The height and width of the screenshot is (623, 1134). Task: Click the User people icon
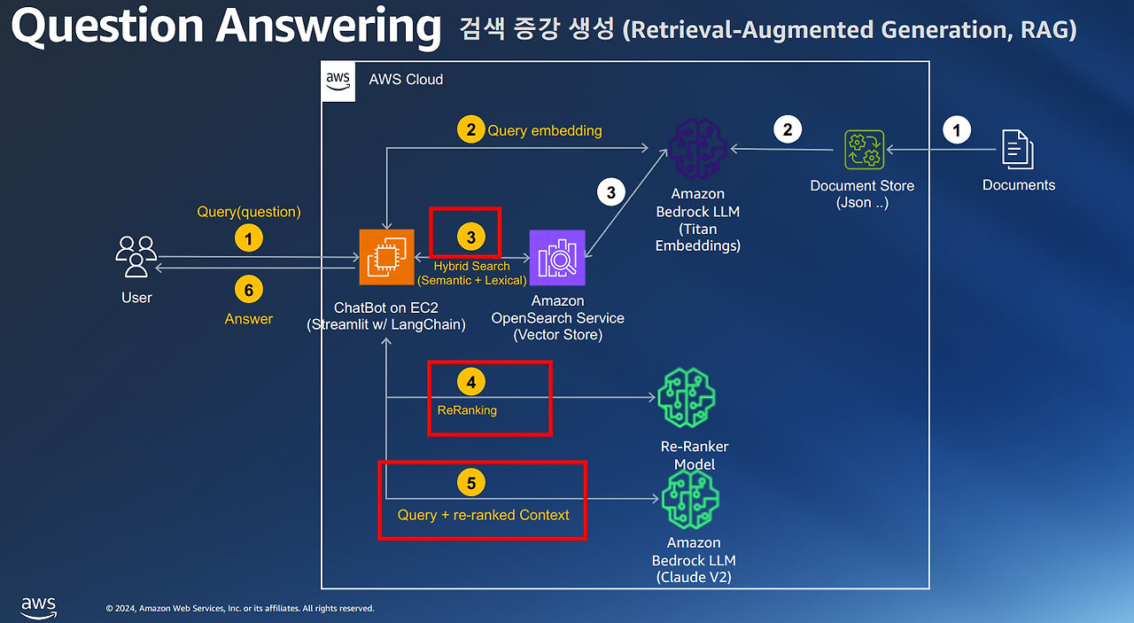(136, 257)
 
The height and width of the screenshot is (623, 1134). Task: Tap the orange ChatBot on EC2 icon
(386, 258)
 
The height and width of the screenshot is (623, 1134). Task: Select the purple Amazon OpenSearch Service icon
(557, 258)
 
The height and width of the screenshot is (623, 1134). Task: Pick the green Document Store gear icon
(862, 150)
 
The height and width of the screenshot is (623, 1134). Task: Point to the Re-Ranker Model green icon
(686, 399)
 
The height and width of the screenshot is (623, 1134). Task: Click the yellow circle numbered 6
(249, 290)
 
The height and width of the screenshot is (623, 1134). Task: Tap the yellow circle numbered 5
(471, 482)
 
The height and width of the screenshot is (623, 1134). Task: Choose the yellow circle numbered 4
(471, 382)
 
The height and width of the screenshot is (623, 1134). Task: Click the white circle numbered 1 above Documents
(956, 130)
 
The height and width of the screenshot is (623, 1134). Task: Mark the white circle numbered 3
(610, 191)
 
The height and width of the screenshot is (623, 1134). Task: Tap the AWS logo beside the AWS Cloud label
(338, 80)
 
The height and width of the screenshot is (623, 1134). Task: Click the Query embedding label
(544, 130)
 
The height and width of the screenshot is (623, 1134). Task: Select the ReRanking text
(467, 410)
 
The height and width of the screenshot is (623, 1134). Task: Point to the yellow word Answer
(249, 319)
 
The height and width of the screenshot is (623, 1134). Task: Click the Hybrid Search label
(471, 266)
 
